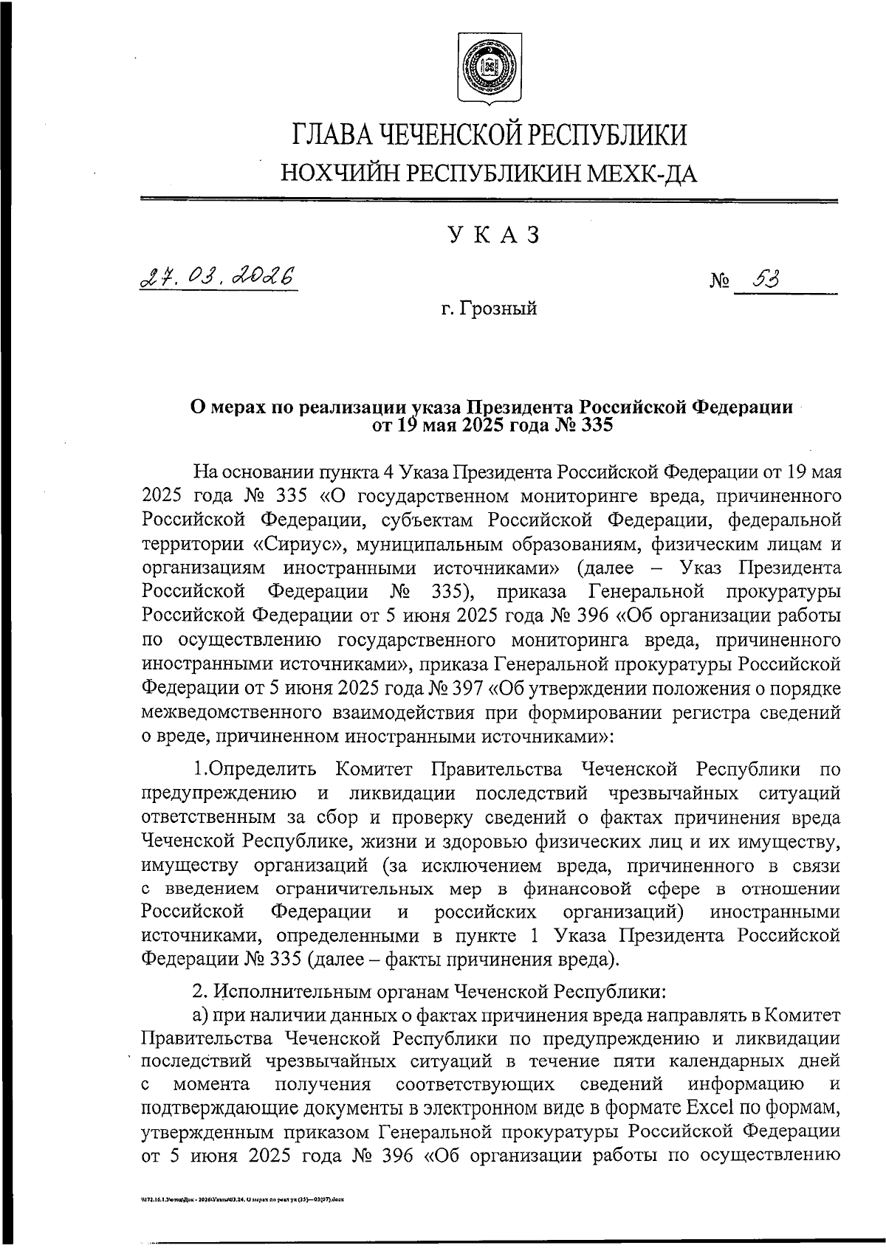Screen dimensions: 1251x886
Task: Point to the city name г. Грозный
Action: coord(489,309)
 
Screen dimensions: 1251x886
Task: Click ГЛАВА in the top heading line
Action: coord(330,135)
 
